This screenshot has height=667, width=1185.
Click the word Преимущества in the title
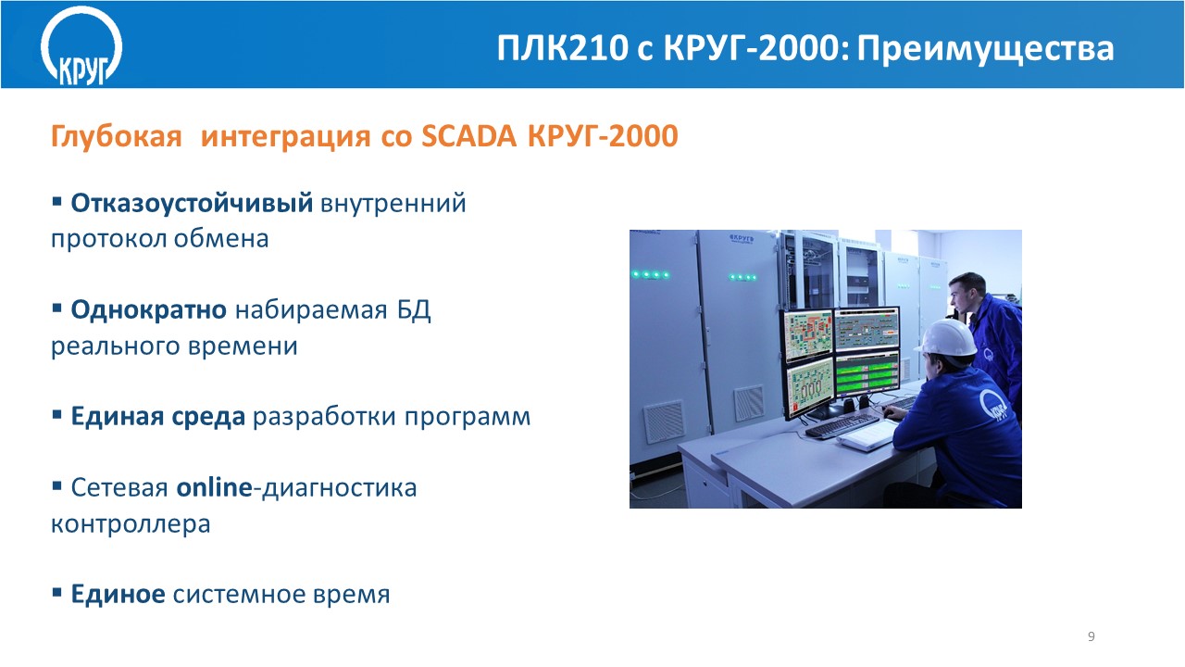(x=986, y=49)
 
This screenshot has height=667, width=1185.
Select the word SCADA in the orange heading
(x=468, y=136)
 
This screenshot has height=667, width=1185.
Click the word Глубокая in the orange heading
(x=117, y=136)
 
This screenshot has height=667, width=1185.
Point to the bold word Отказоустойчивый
(x=192, y=204)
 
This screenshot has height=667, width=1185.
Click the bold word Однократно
(x=149, y=309)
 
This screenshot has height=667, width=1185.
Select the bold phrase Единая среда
(x=158, y=416)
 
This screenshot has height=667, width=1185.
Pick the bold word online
(x=214, y=487)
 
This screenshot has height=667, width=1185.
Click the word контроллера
(x=131, y=524)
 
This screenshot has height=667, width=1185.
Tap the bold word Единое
(x=118, y=594)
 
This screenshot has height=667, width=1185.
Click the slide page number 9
(x=1091, y=636)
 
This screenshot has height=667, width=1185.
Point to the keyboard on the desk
(x=842, y=425)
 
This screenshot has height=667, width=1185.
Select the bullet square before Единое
(x=57, y=592)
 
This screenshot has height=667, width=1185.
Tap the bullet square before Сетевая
(x=57, y=485)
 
